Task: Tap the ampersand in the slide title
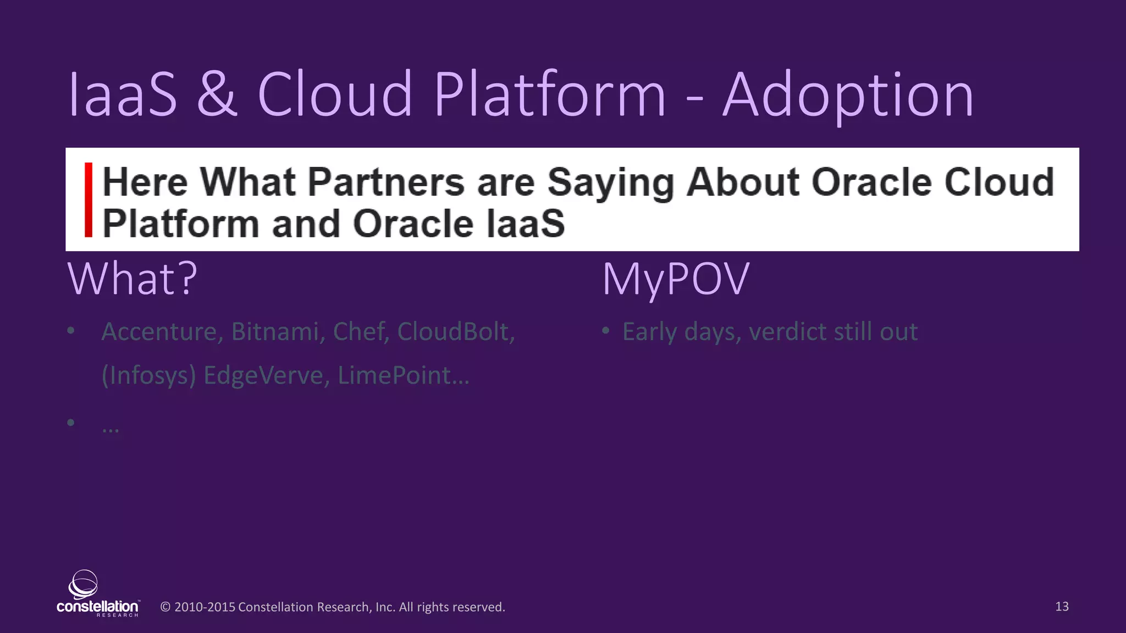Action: tap(217, 95)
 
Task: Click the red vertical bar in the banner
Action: tap(89, 200)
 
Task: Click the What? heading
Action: tap(133, 279)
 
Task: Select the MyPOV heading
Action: tap(676, 279)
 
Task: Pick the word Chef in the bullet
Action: tap(361, 332)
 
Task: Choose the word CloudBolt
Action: tap(455, 332)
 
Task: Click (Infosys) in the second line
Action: tap(149, 376)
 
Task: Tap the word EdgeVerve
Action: tap(266, 376)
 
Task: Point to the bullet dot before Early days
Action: tap(605, 331)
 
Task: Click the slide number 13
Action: tap(1062, 607)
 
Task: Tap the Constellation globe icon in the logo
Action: tap(84, 584)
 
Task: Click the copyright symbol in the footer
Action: tap(165, 607)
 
